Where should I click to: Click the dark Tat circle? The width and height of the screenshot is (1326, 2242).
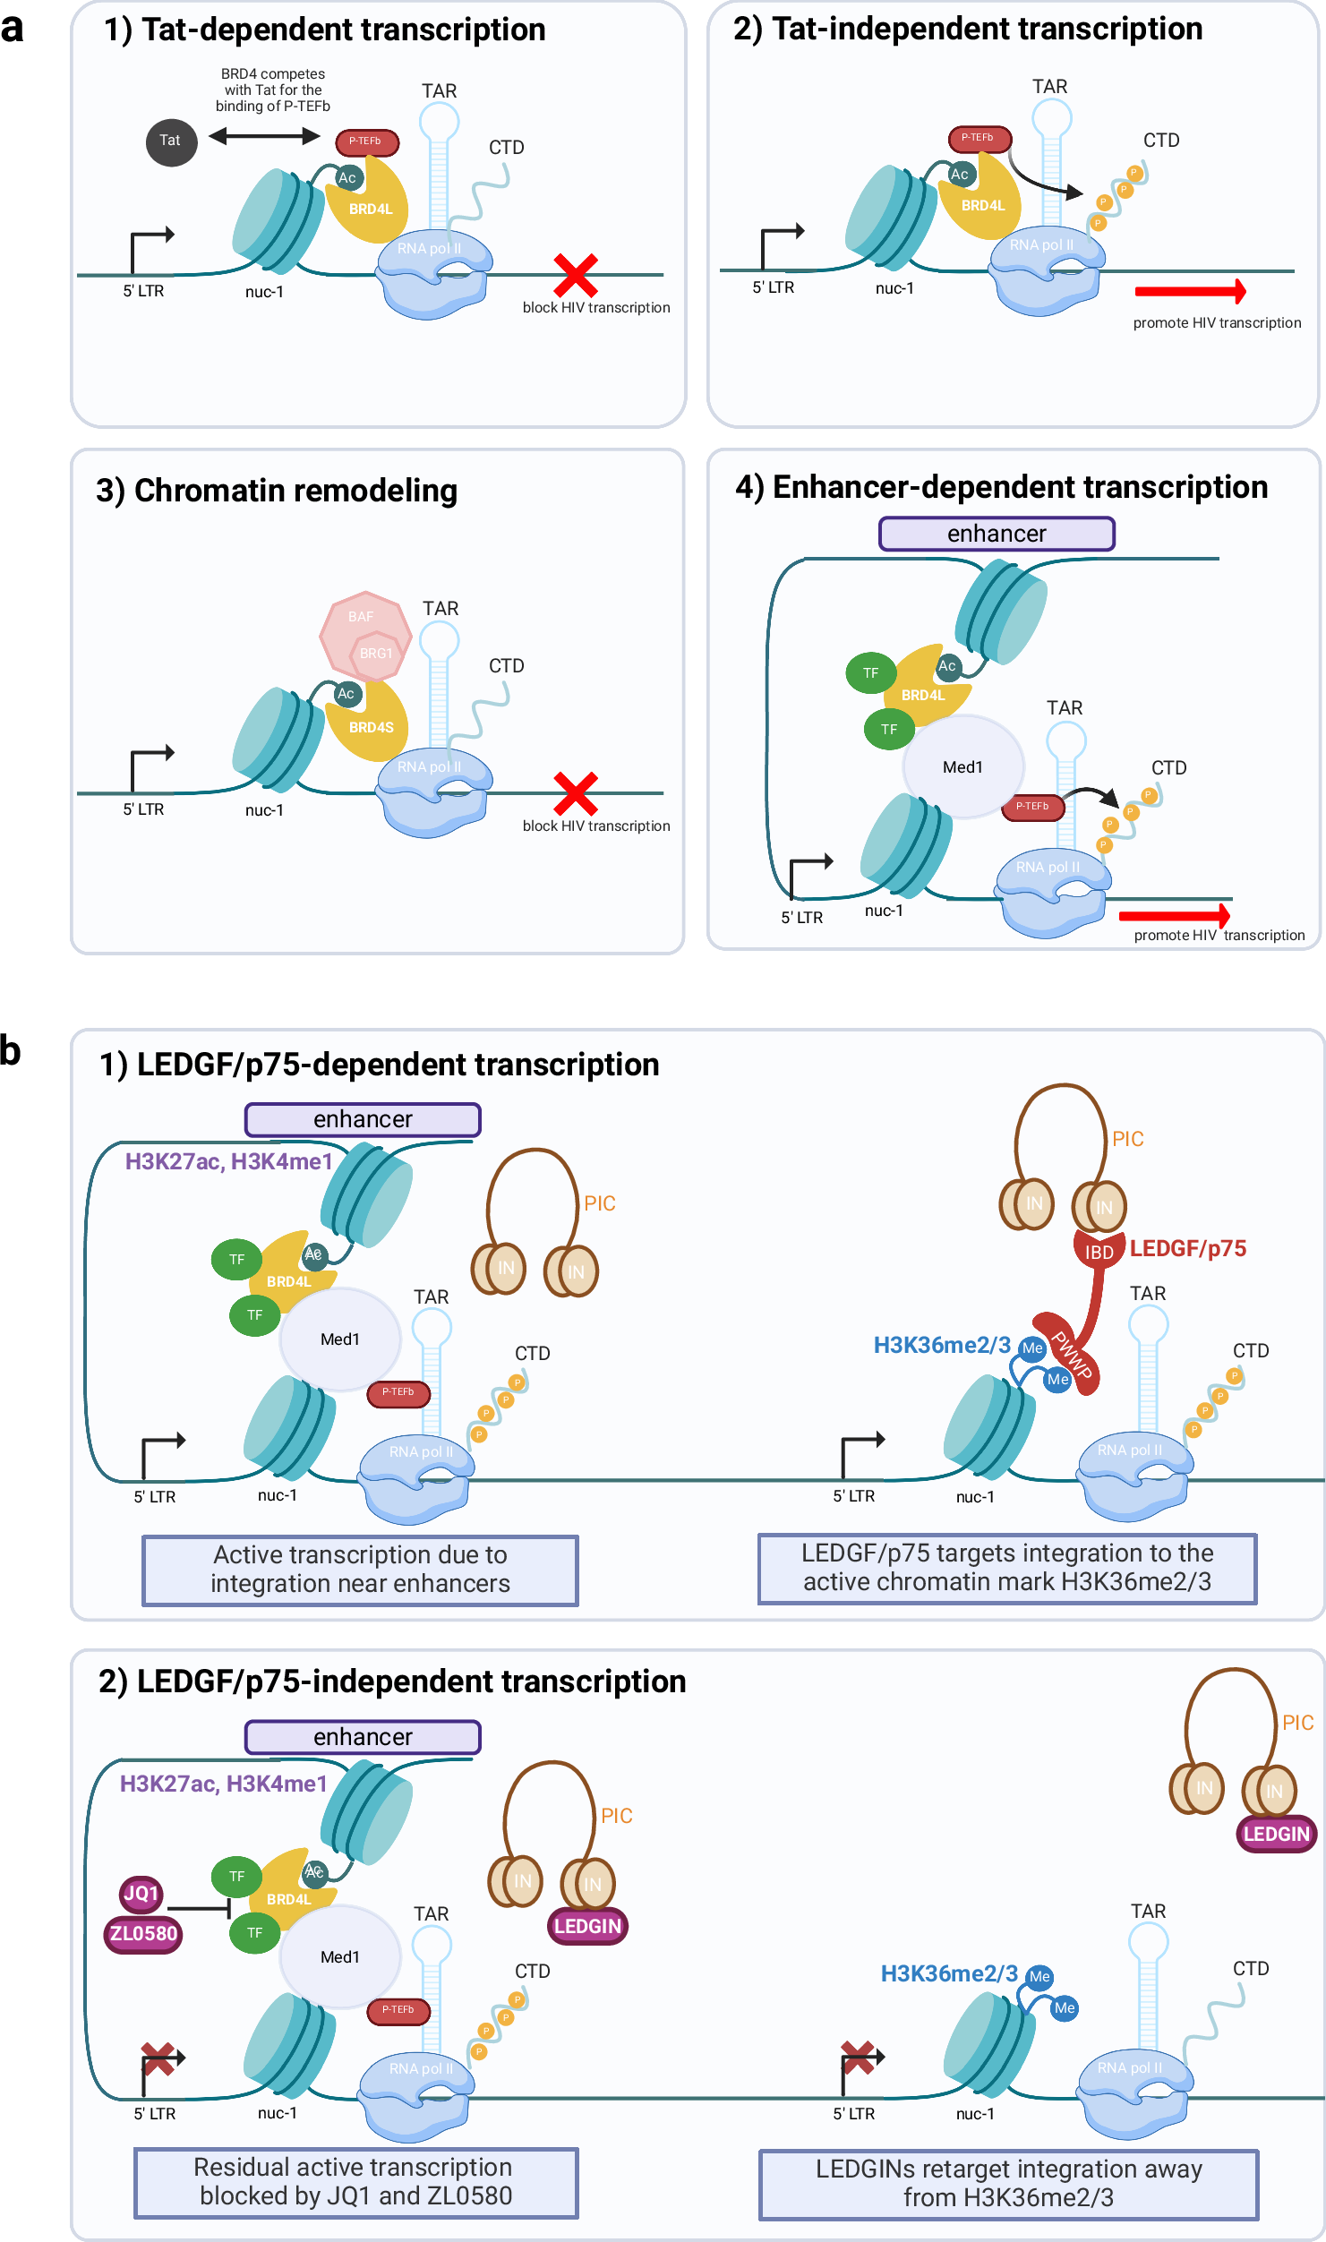click(x=171, y=141)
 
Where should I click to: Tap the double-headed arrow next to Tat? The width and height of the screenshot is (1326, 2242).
click(x=264, y=136)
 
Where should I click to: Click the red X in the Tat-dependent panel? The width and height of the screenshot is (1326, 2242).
click(x=575, y=275)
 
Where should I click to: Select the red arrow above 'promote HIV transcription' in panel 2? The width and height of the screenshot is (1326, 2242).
click(x=1189, y=291)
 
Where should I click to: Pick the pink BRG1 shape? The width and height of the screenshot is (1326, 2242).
click(x=377, y=654)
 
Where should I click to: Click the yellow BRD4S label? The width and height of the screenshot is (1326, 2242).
click(x=371, y=727)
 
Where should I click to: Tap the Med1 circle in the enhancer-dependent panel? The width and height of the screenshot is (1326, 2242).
click(x=962, y=766)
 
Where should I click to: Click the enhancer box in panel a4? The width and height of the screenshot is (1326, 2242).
click(x=997, y=534)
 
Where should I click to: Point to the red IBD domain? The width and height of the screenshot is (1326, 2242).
click(x=1099, y=1251)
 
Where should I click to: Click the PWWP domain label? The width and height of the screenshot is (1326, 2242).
click(x=1072, y=1355)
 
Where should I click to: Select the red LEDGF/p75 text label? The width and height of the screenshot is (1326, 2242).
click(x=1187, y=1248)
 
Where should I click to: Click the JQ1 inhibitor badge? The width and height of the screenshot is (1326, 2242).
click(x=141, y=1893)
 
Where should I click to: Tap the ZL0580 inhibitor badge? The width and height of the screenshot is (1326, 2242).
click(x=143, y=1933)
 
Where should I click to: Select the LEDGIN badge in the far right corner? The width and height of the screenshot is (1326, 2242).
click(x=1276, y=1834)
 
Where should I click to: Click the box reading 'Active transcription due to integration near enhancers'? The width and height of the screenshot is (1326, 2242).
click(x=360, y=1569)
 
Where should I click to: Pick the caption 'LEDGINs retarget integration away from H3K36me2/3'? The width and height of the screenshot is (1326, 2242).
click(x=1008, y=2183)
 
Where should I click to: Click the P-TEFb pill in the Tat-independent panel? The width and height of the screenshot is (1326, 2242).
click(x=979, y=138)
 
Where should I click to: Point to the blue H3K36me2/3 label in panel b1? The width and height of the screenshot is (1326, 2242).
click(x=941, y=1345)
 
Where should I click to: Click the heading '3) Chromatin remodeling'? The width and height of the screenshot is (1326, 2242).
click(x=277, y=491)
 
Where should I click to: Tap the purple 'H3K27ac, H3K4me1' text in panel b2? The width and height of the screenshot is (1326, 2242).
click(x=224, y=1784)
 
